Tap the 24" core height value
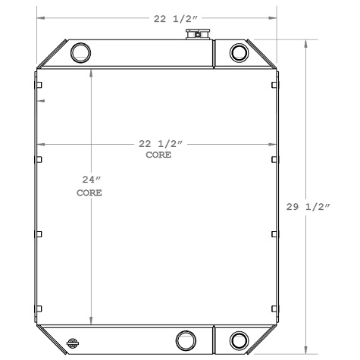(x=91, y=180)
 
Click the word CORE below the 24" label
(x=89, y=193)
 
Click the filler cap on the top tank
(x=200, y=34)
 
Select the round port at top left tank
(x=80, y=52)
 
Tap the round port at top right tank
(x=239, y=52)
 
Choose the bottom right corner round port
(x=239, y=340)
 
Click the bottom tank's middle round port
(x=185, y=340)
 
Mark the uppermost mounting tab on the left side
(x=39, y=84)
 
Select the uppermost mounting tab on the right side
(x=274, y=84)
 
